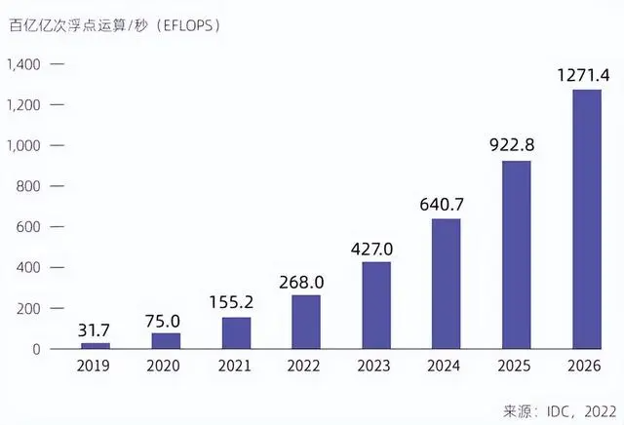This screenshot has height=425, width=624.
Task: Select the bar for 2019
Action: (96, 345)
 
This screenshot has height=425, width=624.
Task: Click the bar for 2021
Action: (236, 332)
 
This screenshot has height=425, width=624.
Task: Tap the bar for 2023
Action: (376, 305)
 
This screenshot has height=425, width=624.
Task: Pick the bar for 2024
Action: (447, 284)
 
